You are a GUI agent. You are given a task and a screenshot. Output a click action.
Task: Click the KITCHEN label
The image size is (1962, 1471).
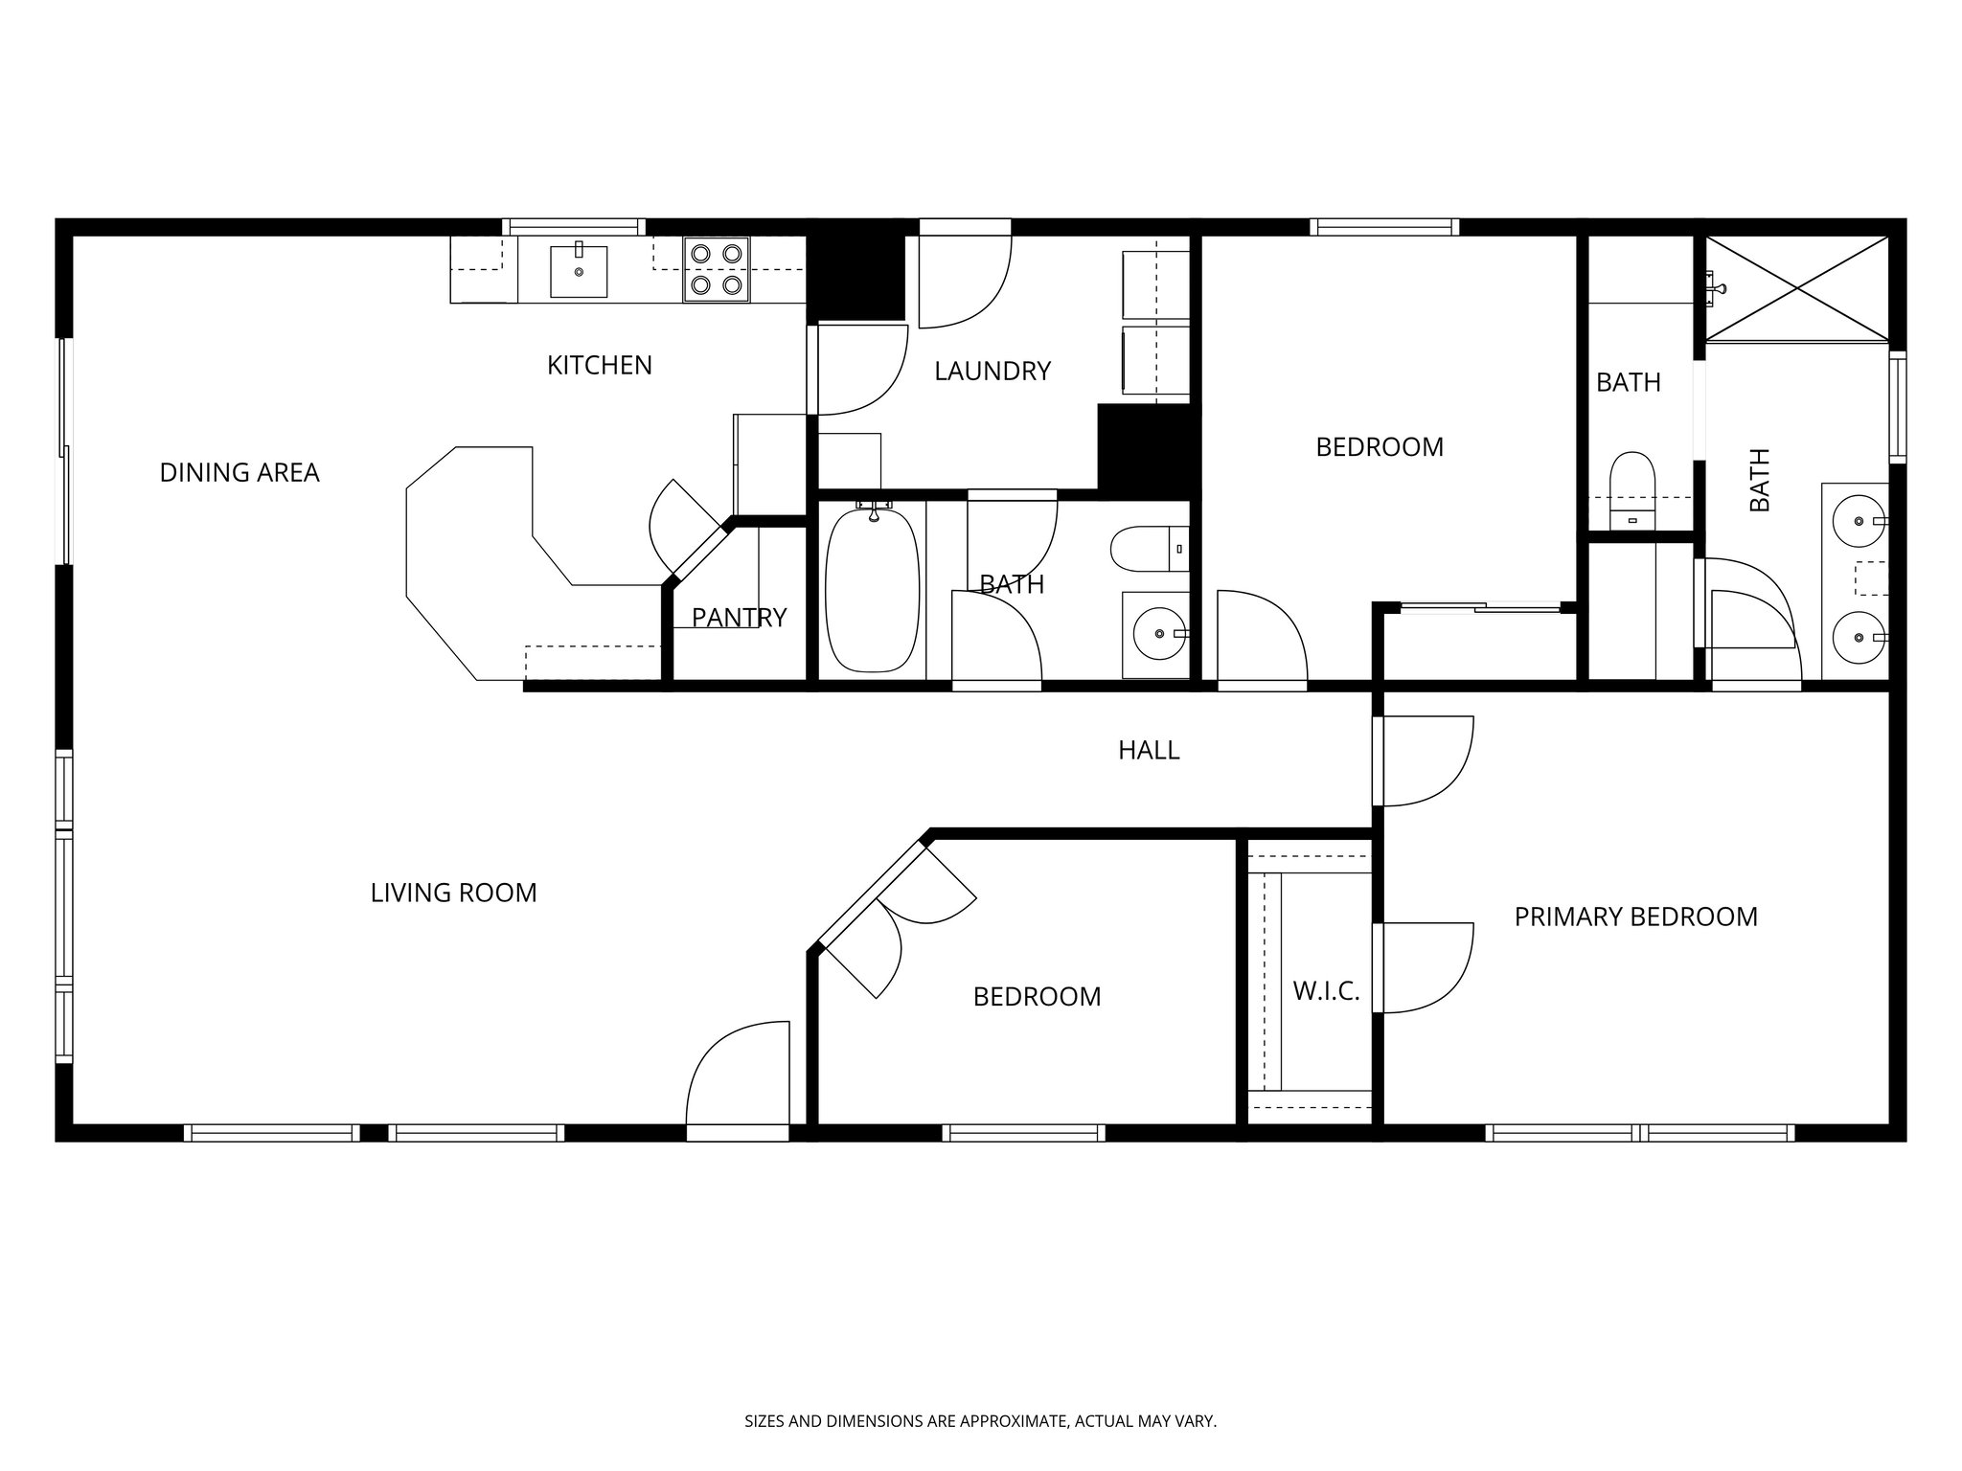tap(599, 365)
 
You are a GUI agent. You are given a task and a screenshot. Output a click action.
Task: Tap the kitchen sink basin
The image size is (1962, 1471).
tap(579, 271)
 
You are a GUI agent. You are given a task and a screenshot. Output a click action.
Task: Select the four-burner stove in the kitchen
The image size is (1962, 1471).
tap(716, 269)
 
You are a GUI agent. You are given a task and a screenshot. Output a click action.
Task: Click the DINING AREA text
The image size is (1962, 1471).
tap(239, 472)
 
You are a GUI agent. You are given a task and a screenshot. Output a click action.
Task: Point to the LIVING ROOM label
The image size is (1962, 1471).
tap(453, 893)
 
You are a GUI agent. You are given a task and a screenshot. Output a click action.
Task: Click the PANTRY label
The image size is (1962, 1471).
tap(739, 618)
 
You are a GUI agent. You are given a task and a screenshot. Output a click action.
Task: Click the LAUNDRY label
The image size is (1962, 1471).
tap(992, 371)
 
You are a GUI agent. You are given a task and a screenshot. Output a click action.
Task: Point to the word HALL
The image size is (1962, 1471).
tap(1149, 750)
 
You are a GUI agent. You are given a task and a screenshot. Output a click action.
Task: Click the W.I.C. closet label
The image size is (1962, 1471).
tap(1326, 990)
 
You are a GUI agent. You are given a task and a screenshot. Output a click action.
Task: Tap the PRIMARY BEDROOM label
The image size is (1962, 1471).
tap(1635, 917)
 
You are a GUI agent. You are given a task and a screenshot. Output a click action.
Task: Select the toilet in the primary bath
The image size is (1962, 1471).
tap(1632, 487)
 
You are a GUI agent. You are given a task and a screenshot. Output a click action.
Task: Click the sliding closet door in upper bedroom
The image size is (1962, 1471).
tap(1480, 606)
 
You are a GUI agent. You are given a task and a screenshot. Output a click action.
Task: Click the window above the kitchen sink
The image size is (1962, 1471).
tap(573, 227)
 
